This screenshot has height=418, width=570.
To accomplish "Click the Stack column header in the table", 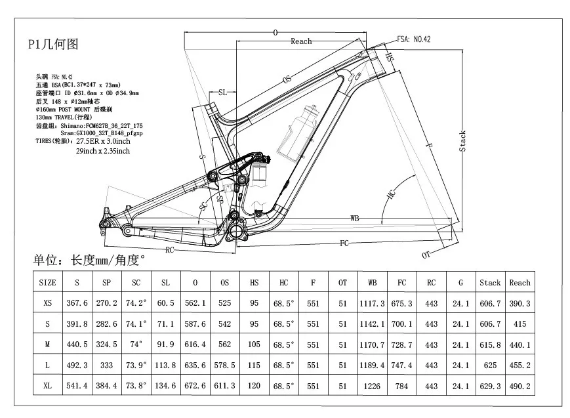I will [x=489, y=283].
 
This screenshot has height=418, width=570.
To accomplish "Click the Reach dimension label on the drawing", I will [x=301, y=41].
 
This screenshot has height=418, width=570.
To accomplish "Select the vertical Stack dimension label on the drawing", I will [x=462, y=140].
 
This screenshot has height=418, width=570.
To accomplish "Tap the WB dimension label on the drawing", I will [x=355, y=217].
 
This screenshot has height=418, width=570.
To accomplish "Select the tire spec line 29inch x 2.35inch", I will [x=103, y=151].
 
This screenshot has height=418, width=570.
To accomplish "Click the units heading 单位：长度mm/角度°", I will [x=89, y=260].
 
